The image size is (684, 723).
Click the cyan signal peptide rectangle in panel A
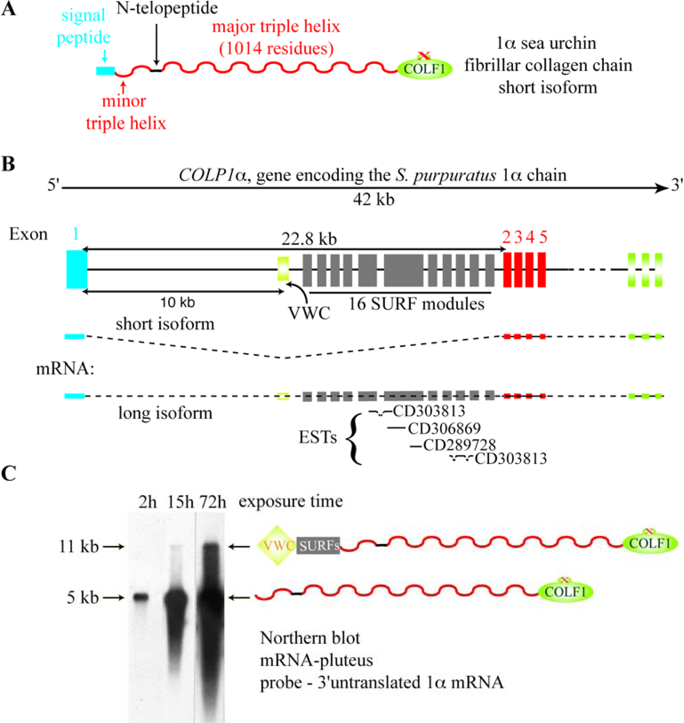click(x=105, y=71)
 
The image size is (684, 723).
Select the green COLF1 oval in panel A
click(x=425, y=69)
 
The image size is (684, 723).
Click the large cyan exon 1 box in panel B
click(x=77, y=269)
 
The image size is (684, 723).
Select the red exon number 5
click(x=543, y=237)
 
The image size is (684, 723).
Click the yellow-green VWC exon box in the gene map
click(x=283, y=269)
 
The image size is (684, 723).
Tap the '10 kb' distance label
click(x=178, y=302)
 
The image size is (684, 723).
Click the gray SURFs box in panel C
click(x=318, y=546)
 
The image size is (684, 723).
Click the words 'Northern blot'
click(x=310, y=638)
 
